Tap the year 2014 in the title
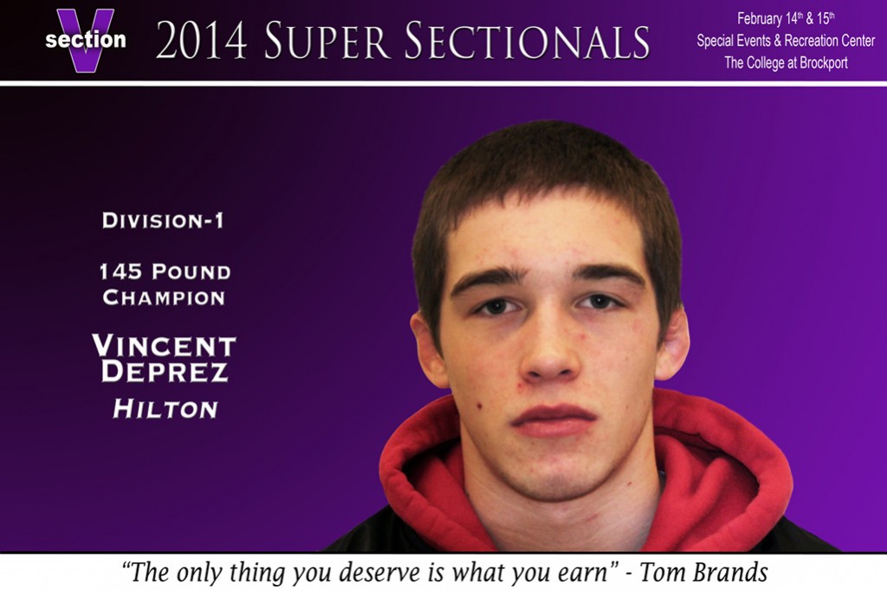201,40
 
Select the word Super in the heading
327,40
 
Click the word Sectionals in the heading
528,40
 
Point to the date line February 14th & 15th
786,19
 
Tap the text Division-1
163,220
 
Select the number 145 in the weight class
120,272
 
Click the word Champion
164,297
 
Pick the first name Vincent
164,345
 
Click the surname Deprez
165,372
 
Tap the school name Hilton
165,409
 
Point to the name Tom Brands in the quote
703,572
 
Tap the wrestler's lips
554,420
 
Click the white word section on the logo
86,40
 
